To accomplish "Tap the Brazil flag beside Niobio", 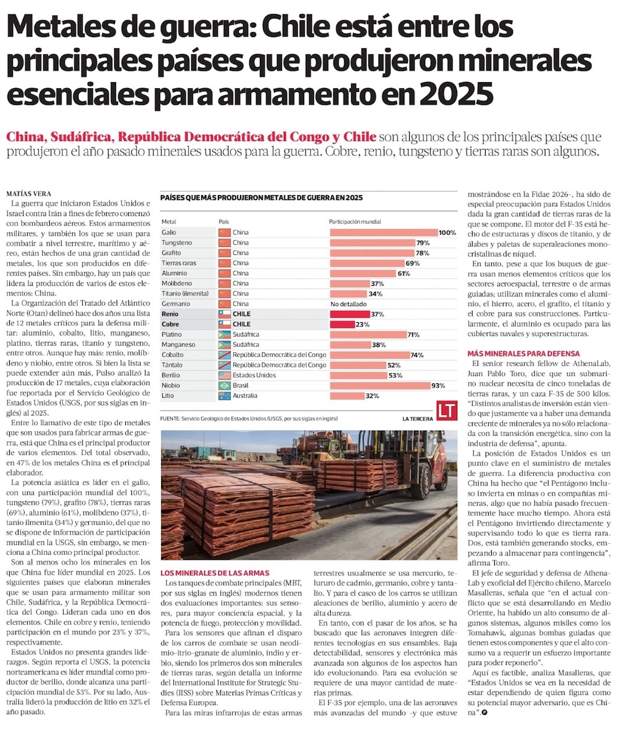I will pos(225,385).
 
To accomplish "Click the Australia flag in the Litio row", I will pos(225,396).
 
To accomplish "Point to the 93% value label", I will pos(438,385).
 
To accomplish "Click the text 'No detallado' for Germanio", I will pos(349,304).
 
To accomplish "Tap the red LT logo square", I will pos(446,412).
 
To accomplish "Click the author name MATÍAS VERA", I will pos(29,193).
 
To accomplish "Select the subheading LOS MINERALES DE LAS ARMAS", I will pos(214,573).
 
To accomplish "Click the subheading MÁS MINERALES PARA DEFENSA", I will pos(524,353).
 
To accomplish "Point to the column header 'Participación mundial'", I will pos(355,221).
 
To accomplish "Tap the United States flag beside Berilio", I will pos(225,375).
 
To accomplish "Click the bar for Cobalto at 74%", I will pos(370,355).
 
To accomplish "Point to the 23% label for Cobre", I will pos(362,324).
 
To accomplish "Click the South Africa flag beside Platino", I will pos(225,335).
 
